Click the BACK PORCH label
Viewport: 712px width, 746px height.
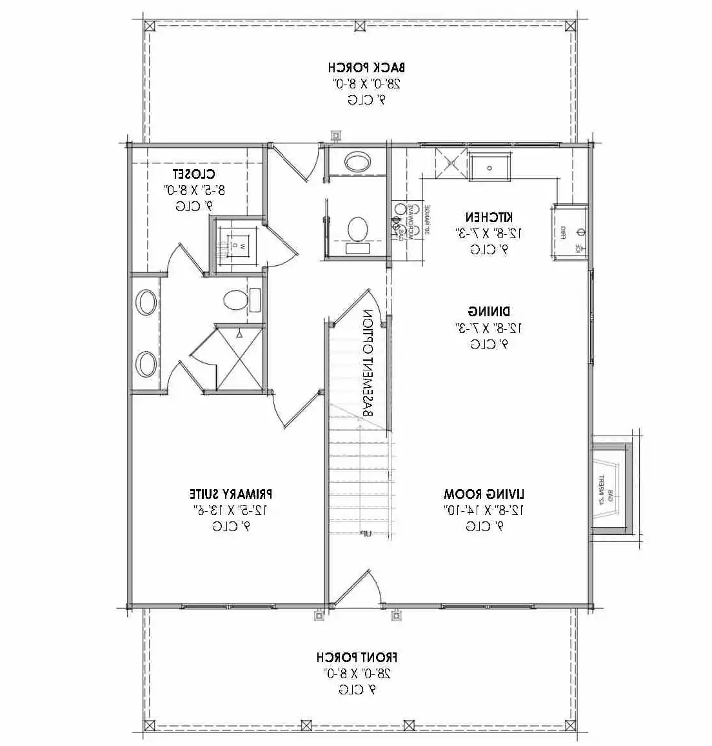(x=366, y=67)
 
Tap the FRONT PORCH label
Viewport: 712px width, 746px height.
(x=357, y=658)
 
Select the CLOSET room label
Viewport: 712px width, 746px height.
(x=193, y=174)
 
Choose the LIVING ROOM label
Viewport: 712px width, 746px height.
(x=484, y=494)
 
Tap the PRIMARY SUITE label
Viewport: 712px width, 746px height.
(x=231, y=494)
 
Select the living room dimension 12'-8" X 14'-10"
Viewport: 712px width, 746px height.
(x=484, y=510)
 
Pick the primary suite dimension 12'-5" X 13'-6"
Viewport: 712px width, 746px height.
(x=231, y=510)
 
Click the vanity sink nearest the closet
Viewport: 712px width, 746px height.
(x=146, y=302)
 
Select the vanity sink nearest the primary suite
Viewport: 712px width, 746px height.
(x=146, y=364)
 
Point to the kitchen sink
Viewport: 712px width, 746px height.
(x=489, y=167)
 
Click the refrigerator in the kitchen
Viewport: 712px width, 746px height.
(x=570, y=232)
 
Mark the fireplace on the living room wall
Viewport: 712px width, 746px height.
(x=609, y=487)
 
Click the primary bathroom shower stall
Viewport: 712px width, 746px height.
(x=239, y=358)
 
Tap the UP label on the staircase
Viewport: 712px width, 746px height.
(x=365, y=533)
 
